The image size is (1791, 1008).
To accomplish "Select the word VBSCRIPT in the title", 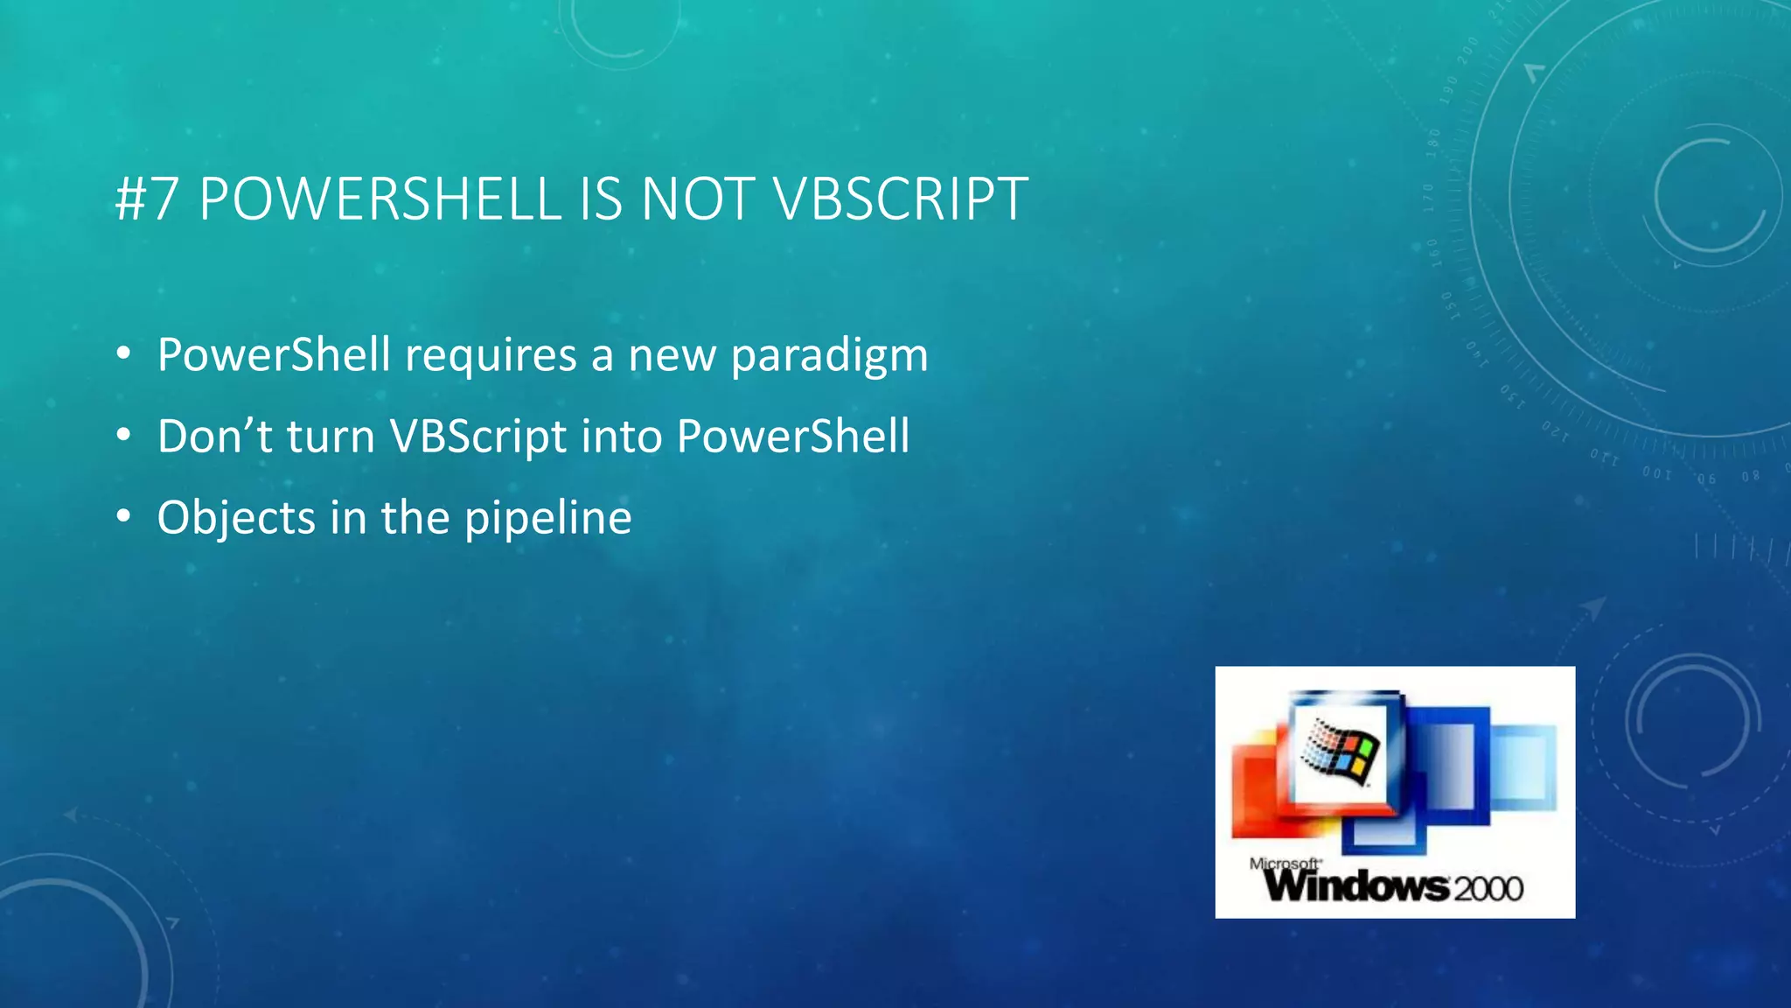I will coord(901,199).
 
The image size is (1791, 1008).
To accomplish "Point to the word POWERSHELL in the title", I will coord(380,199).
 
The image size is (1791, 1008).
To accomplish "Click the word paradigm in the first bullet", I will coord(829,356).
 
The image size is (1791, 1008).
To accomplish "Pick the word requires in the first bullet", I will coord(491,356).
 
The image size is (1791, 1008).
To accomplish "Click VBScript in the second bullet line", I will coord(478,437).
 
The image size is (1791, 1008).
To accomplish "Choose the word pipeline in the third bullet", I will coord(547,518).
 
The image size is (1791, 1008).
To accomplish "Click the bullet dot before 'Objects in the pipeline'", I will coord(123,517).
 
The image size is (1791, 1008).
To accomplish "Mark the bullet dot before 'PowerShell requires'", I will coord(123,354).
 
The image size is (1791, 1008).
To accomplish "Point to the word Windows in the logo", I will coord(1356,886).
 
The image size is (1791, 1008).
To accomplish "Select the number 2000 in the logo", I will coord(1488,889).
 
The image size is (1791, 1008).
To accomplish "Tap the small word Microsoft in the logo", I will coord(1284,864).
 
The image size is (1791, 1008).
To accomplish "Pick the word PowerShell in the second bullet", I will coord(793,437).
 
